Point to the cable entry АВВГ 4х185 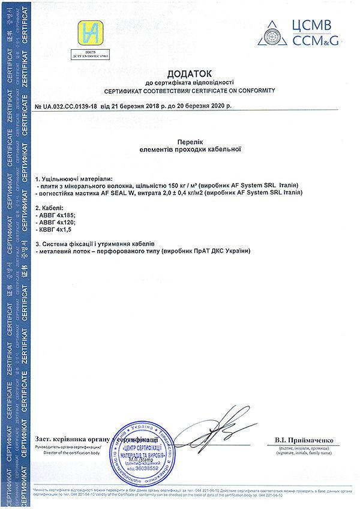(x=58, y=213)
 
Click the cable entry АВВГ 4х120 (x=58, y=221)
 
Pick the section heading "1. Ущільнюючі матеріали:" (x=74, y=179)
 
